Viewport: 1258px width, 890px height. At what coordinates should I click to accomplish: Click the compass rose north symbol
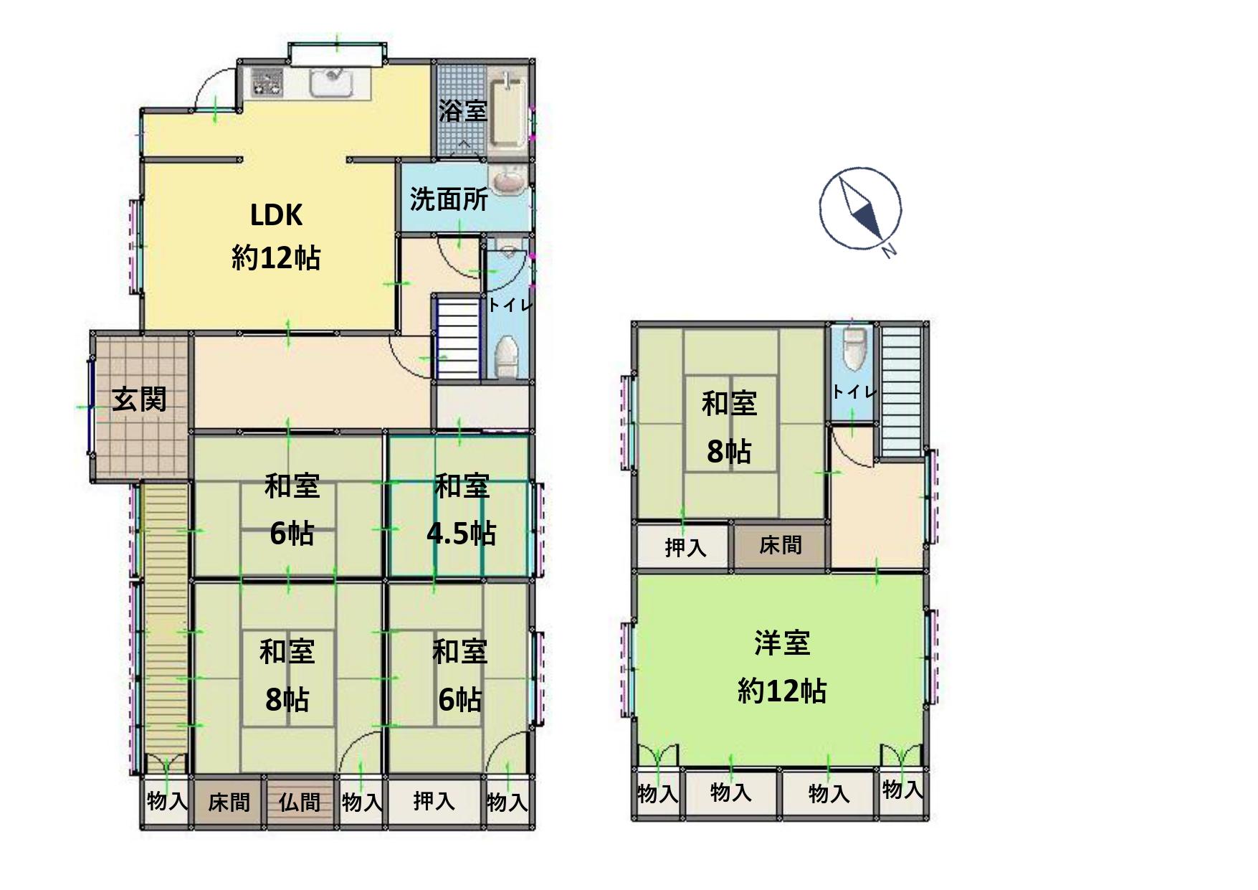click(860, 209)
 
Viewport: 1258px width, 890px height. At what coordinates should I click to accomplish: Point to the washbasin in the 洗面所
click(508, 180)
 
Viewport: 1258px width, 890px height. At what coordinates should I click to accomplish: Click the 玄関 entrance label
click(139, 399)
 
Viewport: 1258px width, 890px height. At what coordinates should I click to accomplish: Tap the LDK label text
click(276, 214)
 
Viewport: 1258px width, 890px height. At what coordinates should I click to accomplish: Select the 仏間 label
click(300, 801)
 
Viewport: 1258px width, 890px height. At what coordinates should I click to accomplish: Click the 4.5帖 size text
click(461, 534)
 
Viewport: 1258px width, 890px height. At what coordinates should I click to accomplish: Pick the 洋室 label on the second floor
click(782, 643)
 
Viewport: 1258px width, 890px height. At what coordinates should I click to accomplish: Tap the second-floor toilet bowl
click(854, 349)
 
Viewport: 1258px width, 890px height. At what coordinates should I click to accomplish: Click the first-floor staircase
click(457, 339)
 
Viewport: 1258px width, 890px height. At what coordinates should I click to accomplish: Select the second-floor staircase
click(900, 390)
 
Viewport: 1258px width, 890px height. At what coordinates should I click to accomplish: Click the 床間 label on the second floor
click(781, 545)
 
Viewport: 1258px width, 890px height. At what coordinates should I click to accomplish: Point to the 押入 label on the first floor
click(434, 800)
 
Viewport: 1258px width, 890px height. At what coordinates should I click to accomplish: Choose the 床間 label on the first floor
click(229, 801)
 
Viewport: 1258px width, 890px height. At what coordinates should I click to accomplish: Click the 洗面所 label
click(449, 199)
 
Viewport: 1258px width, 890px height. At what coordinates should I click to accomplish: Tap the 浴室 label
click(463, 110)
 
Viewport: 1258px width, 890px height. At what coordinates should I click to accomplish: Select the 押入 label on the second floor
click(686, 547)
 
